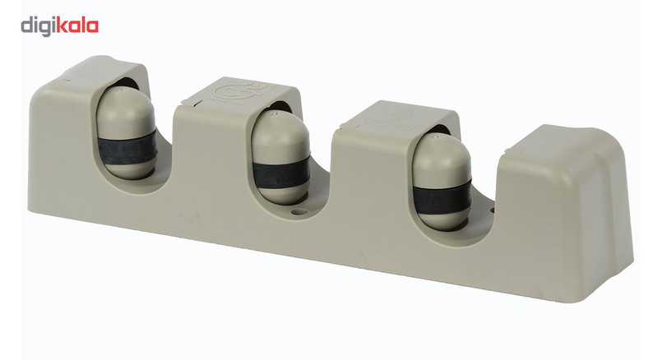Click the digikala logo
[x=59, y=26]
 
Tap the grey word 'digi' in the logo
[x=38, y=26]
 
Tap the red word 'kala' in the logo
[x=77, y=25]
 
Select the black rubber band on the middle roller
[x=281, y=173]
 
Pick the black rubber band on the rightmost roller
[x=443, y=197]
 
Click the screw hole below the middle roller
[x=299, y=212]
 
